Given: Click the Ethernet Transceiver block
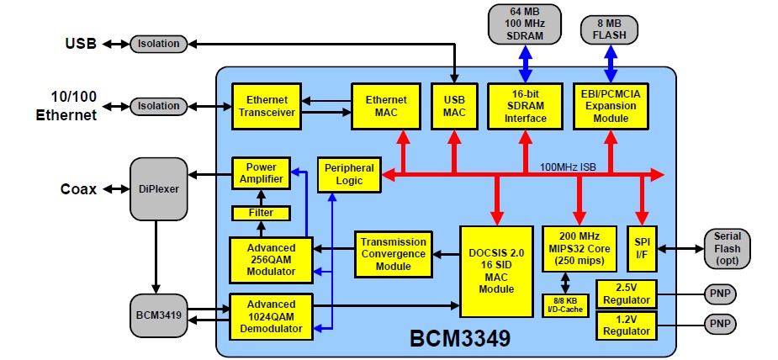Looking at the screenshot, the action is click(x=267, y=106).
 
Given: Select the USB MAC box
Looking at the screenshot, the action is click(x=454, y=106).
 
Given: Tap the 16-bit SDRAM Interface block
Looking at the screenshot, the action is click(x=526, y=106).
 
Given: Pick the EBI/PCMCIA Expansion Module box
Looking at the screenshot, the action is click(x=610, y=106).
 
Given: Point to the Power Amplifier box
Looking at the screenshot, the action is click(x=261, y=172).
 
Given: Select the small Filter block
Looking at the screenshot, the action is click(x=261, y=213).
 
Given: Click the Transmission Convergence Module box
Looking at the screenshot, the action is click(x=393, y=254).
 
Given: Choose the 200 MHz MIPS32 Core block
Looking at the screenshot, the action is click(x=579, y=249).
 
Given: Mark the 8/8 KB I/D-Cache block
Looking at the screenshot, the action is click(x=565, y=305).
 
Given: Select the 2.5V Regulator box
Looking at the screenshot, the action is click(x=626, y=294).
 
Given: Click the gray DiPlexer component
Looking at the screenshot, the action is click(x=159, y=189).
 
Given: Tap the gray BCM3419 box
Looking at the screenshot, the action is click(x=159, y=315).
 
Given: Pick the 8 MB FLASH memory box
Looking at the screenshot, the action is click(x=609, y=29).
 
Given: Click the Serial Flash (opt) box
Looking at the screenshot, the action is click(x=727, y=249).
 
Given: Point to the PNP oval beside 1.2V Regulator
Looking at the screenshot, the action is click(x=720, y=325).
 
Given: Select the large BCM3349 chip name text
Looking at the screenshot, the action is click(x=460, y=339).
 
